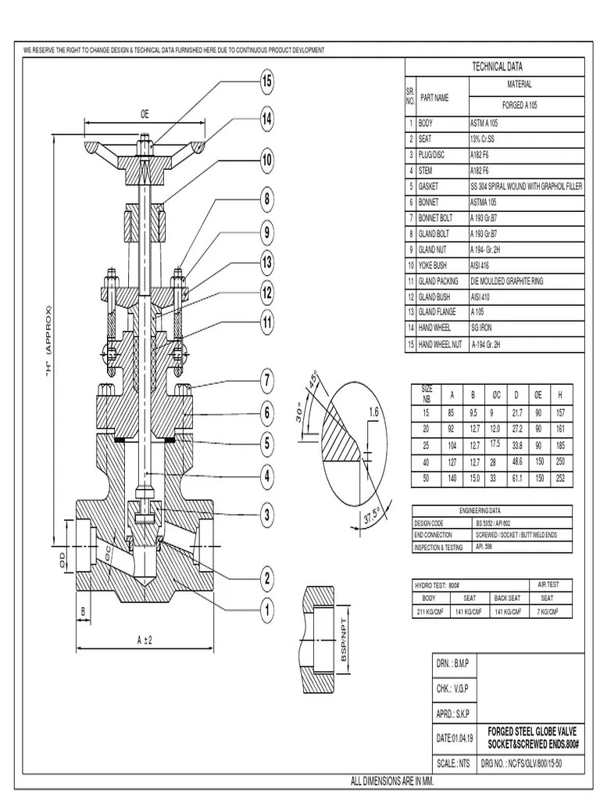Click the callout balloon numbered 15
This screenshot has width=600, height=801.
(266, 81)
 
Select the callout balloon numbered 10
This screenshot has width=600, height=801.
(266, 160)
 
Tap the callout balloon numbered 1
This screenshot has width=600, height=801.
(266, 609)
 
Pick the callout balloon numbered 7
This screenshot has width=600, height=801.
(266, 381)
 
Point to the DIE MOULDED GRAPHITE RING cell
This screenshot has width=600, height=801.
(505, 281)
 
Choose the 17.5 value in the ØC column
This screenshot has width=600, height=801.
(494, 444)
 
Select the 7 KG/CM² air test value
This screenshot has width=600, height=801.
(547, 612)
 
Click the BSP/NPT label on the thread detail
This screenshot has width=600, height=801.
(343, 641)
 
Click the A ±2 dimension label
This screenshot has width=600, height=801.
(144, 640)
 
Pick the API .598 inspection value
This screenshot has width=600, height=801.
(484, 548)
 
